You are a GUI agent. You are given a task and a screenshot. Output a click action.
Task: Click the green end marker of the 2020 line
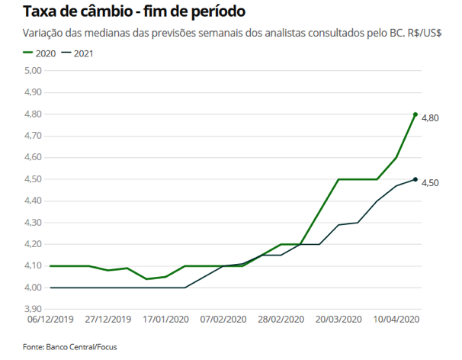pos(415,114)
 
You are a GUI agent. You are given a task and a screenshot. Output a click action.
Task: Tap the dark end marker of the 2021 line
pos(415,179)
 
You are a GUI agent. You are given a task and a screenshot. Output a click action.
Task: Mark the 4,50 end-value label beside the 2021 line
pos(432,182)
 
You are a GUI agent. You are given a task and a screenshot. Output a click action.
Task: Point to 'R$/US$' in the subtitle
pos(426,34)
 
